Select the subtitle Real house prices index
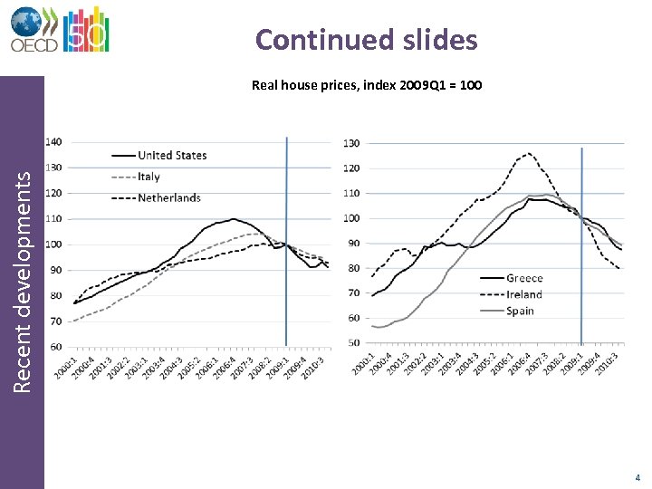(x=366, y=86)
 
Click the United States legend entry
(x=171, y=156)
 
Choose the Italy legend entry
(x=149, y=177)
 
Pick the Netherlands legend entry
(x=168, y=197)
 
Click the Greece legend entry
(x=524, y=278)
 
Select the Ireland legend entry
(x=524, y=294)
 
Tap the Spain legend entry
(x=521, y=311)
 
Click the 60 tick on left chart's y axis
(x=56, y=347)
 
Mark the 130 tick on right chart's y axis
(x=350, y=143)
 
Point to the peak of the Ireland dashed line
(x=529, y=154)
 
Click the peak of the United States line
(x=235, y=218)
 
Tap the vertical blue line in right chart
(x=581, y=244)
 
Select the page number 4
(x=638, y=476)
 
